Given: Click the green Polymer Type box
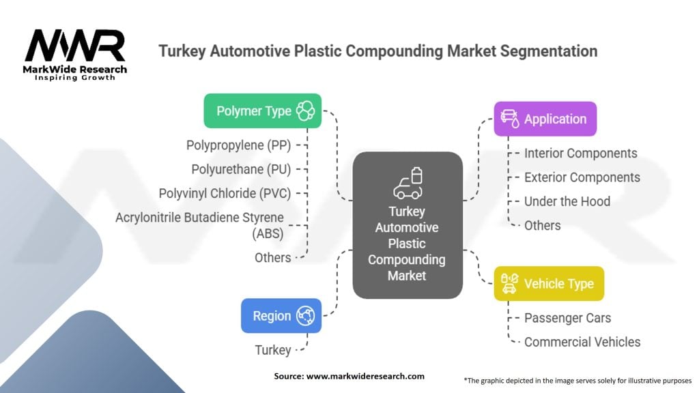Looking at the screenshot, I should tap(263, 111).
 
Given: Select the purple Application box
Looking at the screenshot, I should tap(545, 119).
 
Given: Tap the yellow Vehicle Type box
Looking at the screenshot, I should tap(549, 283).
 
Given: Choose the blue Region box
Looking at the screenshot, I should tap(281, 316).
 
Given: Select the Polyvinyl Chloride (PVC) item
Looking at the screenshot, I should tap(225, 193).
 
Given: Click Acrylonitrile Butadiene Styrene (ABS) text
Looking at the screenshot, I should tap(199, 225).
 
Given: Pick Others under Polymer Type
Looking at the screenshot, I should tap(272, 257).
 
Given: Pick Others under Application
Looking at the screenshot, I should tap(542, 225).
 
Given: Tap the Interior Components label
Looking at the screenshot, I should tap(580, 154).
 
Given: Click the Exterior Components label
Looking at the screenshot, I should tap(582, 177).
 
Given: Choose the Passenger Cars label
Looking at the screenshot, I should tap(567, 318).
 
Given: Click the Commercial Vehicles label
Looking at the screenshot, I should tap(582, 342).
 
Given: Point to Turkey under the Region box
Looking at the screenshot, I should tap(273, 350).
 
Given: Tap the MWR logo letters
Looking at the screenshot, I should tap(75, 46).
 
